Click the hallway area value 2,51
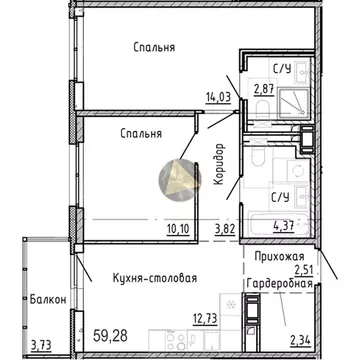301,267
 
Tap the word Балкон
47,299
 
